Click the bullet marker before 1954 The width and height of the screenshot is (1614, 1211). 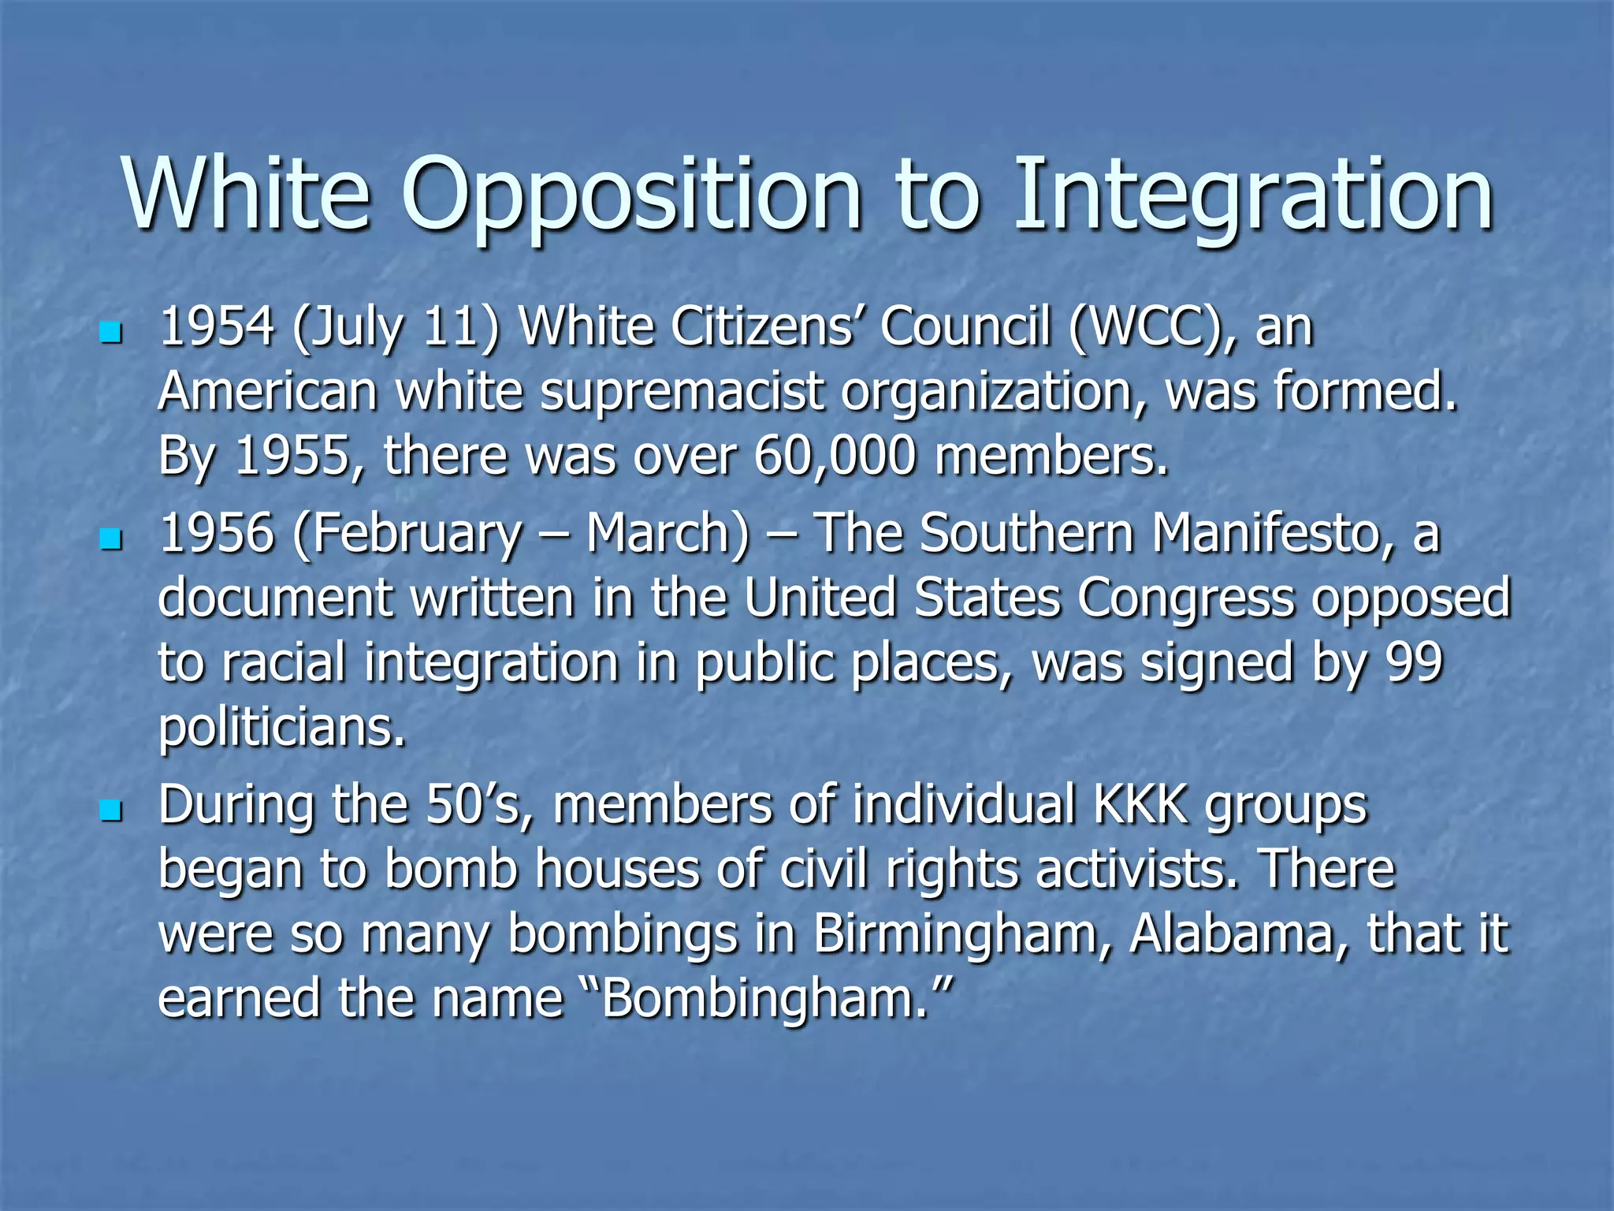point(111,333)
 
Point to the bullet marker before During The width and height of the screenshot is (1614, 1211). point(111,810)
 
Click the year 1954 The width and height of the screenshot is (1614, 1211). point(217,326)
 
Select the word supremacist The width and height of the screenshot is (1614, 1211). point(682,392)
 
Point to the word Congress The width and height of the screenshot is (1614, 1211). point(1186,598)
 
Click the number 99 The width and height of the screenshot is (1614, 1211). point(1415,662)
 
